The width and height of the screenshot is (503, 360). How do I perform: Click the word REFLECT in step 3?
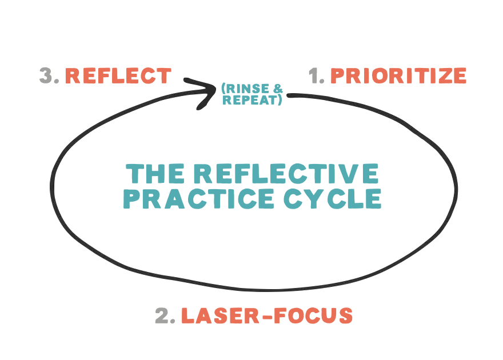pos(118,76)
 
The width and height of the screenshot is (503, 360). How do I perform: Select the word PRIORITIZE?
pos(398,76)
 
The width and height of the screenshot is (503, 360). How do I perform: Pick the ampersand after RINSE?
pos(278,89)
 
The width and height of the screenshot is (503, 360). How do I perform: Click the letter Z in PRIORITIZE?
pos(438,76)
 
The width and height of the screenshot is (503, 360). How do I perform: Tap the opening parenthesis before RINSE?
pos(223,89)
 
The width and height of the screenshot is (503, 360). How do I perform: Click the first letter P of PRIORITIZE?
pos(337,76)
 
